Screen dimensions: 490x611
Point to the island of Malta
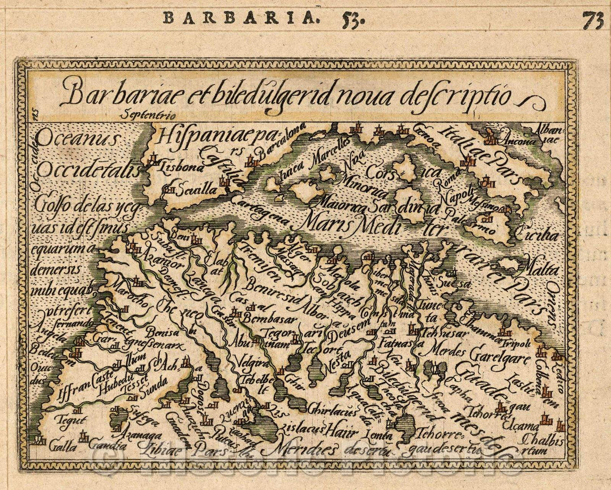(x=508, y=264)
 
